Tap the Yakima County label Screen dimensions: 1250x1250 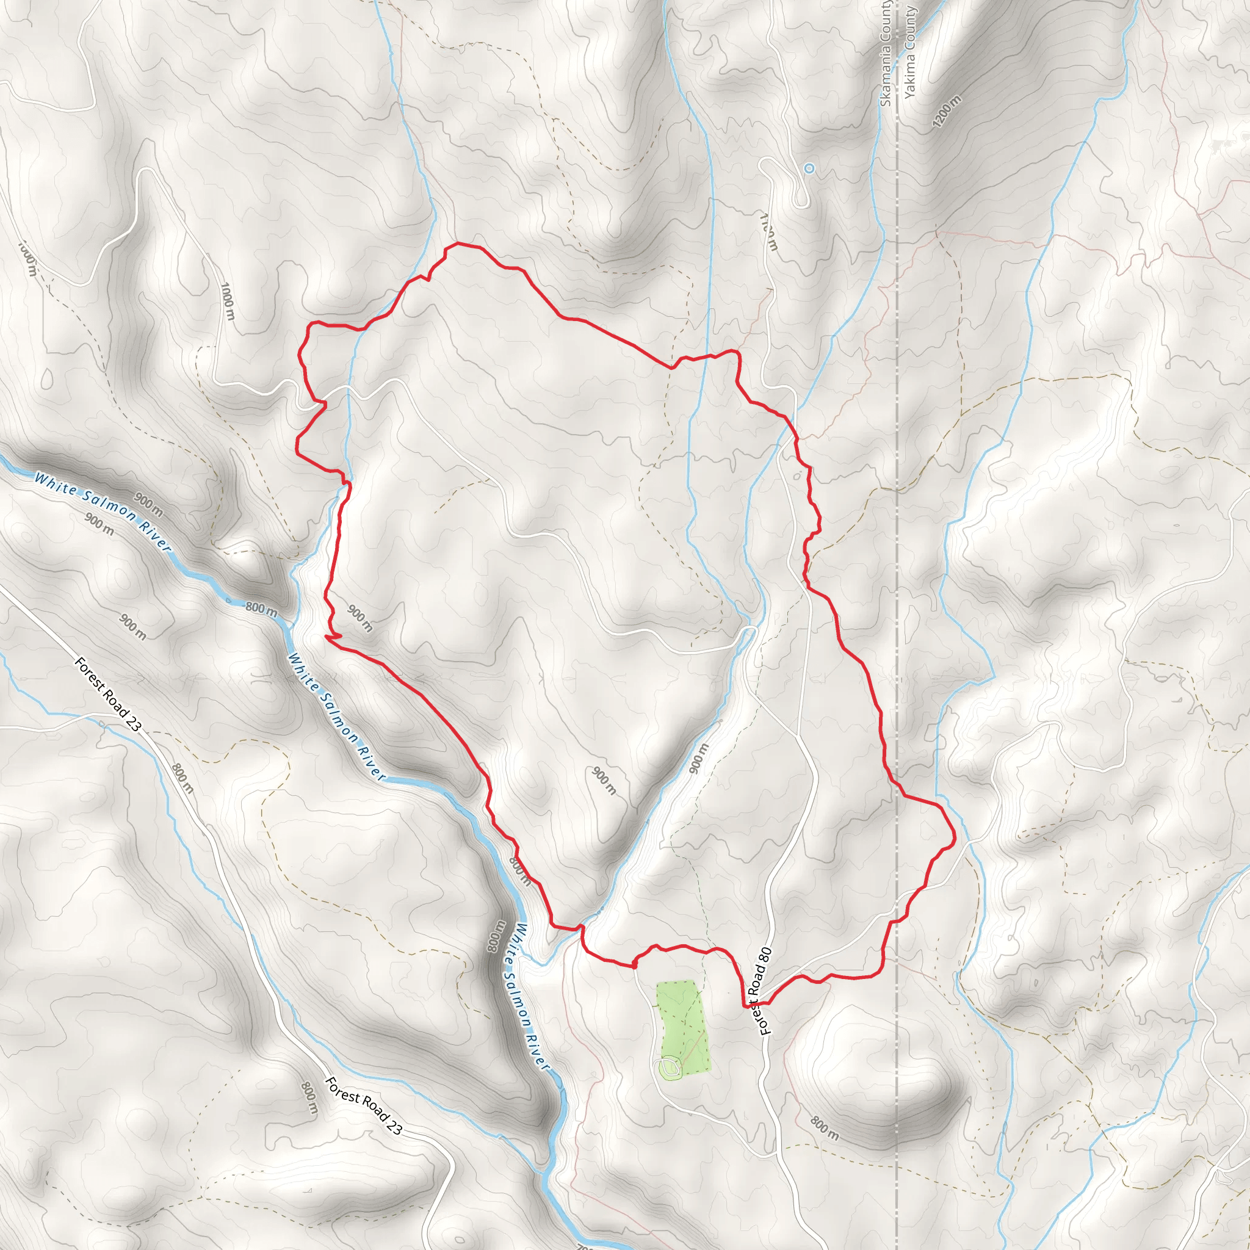[909, 52]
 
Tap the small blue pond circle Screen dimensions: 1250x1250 [809, 168]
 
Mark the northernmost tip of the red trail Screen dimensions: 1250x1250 [458, 244]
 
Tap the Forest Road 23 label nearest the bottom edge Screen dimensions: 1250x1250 [364, 1106]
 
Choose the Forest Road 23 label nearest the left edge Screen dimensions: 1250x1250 [107, 693]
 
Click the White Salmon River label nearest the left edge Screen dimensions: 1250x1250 [102, 511]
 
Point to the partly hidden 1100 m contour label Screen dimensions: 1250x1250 [769, 231]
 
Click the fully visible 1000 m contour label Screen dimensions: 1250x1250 [228, 301]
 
